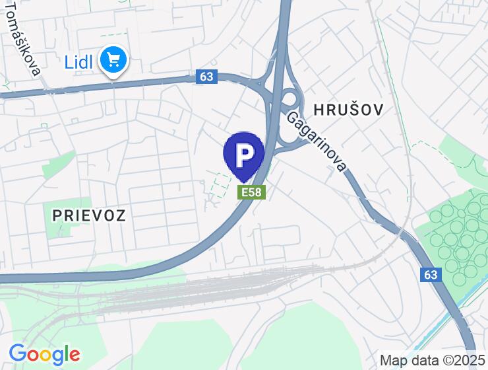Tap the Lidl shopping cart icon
(113, 61)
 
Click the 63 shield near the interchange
(206, 77)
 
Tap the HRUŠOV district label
(348, 110)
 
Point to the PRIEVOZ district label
(88, 214)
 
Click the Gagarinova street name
(317, 141)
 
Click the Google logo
(44, 355)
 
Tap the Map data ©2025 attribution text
(433, 360)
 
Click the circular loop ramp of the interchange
(288, 104)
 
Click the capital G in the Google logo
(18, 354)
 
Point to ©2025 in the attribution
(462, 360)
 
